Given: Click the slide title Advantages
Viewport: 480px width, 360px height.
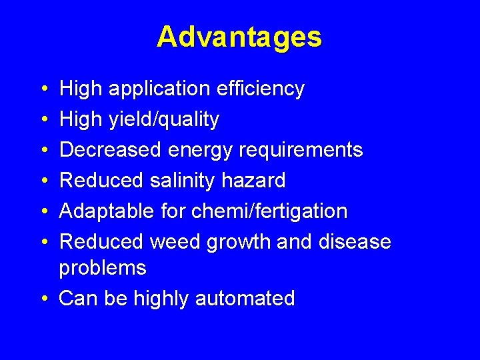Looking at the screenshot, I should click(239, 37).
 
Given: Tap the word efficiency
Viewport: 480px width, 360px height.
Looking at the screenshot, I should click(265, 89).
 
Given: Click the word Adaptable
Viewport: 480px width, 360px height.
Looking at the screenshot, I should click(107, 211).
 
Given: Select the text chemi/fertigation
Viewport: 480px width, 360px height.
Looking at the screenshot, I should click(269, 211).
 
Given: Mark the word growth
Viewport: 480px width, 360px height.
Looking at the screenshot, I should click(238, 242).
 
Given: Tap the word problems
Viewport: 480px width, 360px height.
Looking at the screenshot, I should click(103, 268).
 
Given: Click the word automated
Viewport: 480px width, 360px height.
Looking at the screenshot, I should click(245, 299).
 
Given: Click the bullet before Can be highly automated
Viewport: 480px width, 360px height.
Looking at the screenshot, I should click(43, 299).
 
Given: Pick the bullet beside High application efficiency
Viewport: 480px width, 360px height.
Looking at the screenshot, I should click(43, 89).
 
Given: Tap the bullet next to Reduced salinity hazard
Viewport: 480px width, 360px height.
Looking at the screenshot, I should click(43, 181).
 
